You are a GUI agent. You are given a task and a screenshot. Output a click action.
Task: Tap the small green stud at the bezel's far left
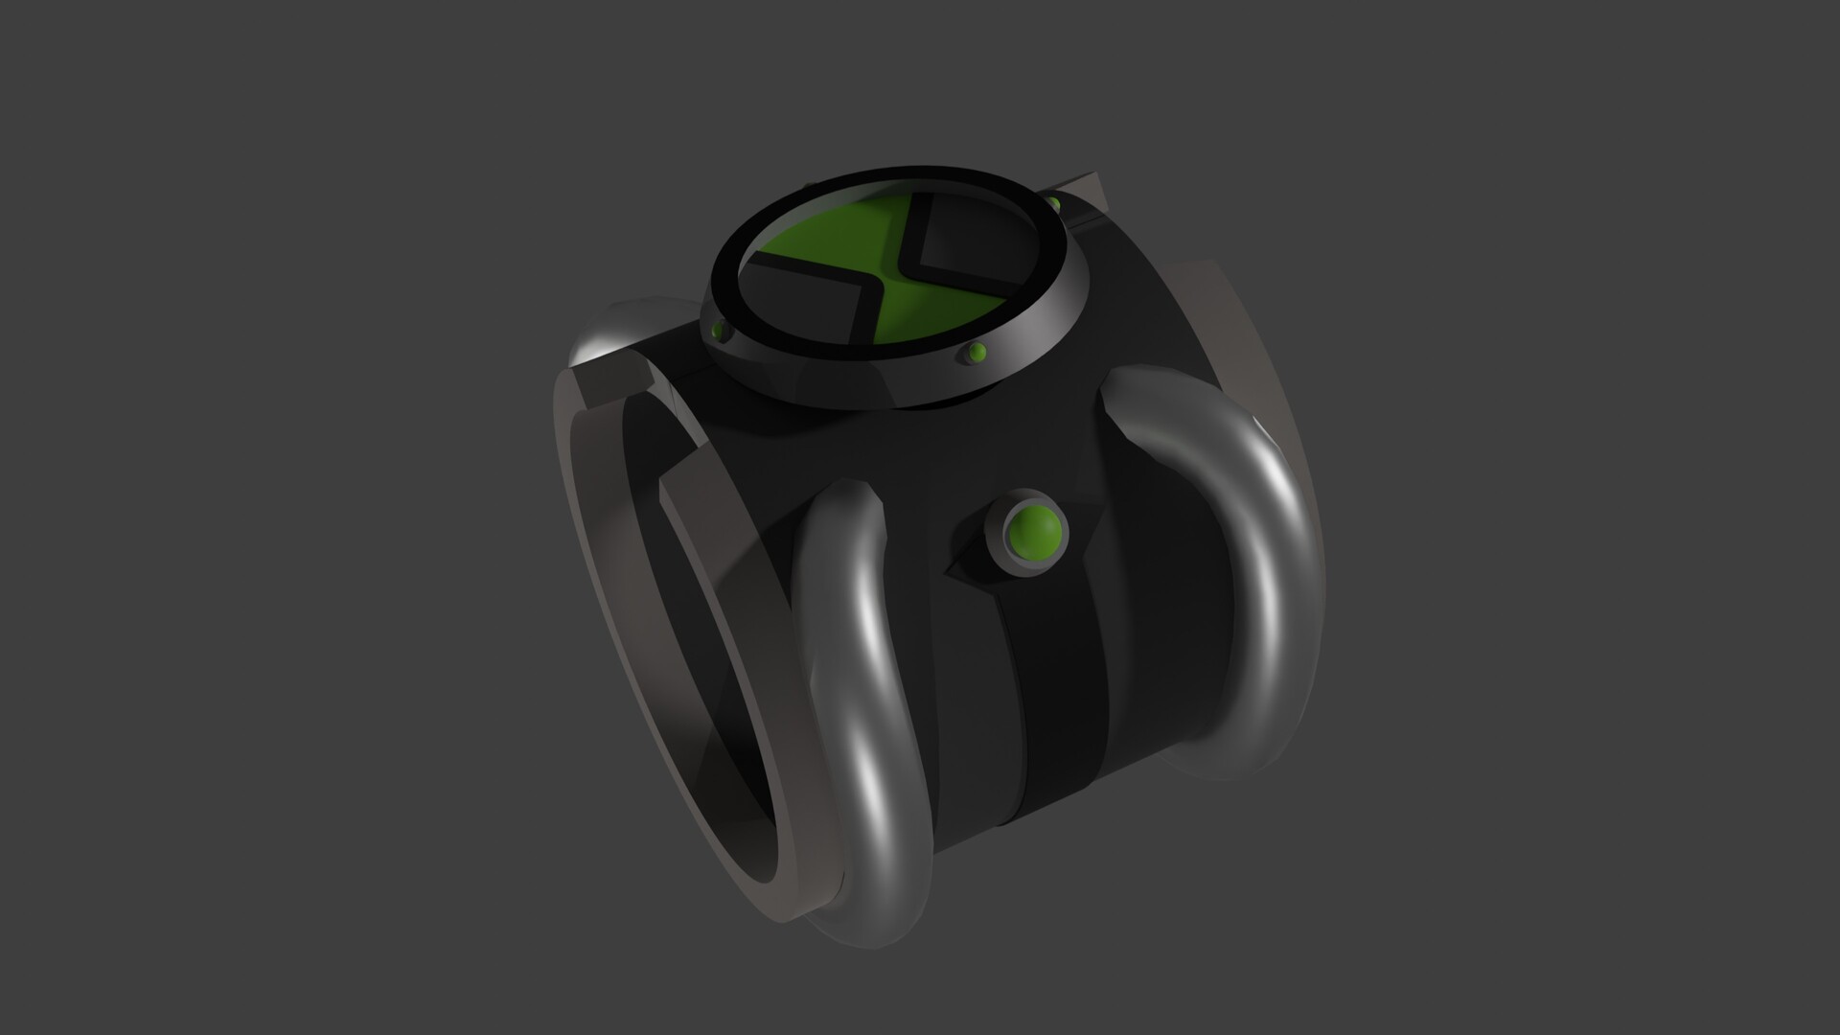tap(718, 332)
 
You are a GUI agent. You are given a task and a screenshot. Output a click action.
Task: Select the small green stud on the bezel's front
tap(977, 353)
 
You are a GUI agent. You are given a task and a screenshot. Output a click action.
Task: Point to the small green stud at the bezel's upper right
tap(1053, 204)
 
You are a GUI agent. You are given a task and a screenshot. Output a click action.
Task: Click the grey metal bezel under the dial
tap(862, 383)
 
